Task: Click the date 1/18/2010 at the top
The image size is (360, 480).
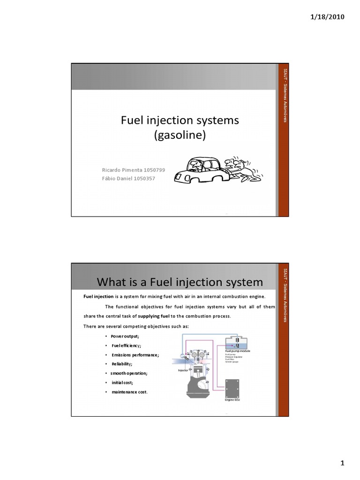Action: pos(327,17)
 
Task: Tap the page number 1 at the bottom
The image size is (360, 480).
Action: pos(342,464)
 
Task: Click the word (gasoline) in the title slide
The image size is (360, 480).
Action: pos(180,135)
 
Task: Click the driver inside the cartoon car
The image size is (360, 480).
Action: pos(197,165)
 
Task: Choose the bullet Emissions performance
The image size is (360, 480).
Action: pos(135,355)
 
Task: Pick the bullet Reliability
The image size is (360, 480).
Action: pos(121,364)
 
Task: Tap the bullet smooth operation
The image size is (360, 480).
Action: pos(129,373)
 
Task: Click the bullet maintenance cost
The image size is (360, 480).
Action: pos(129,391)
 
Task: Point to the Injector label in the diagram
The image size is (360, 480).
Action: pos(182,370)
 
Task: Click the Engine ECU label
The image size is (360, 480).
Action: pos(232,400)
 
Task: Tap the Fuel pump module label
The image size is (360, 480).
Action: pos(238,351)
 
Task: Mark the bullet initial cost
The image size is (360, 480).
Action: pos(122,382)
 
